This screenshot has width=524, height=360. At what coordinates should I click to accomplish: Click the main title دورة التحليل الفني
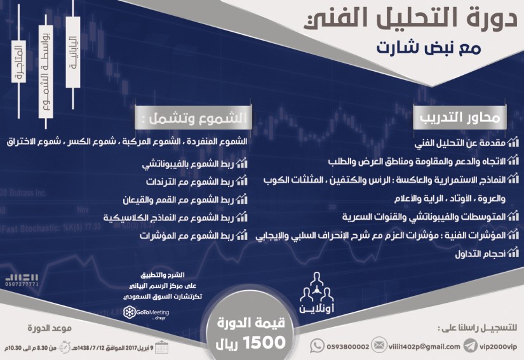coord(412,20)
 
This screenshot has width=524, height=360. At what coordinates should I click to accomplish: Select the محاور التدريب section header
coord(464,117)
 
